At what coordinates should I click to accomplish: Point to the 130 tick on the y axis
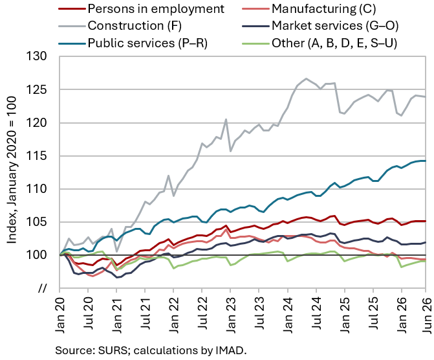[x=36, y=56]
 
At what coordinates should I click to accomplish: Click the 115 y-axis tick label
[x=36, y=156]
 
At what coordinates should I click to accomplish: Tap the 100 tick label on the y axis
[x=36, y=255]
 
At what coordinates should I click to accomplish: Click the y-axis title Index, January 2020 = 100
[x=11, y=170]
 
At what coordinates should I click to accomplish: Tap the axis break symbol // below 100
[x=42, y=288]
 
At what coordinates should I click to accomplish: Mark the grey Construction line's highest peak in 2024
[x=306, y=78]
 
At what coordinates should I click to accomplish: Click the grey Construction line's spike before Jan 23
[x=226, y=119]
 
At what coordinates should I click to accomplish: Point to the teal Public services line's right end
[x=426, y=161]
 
